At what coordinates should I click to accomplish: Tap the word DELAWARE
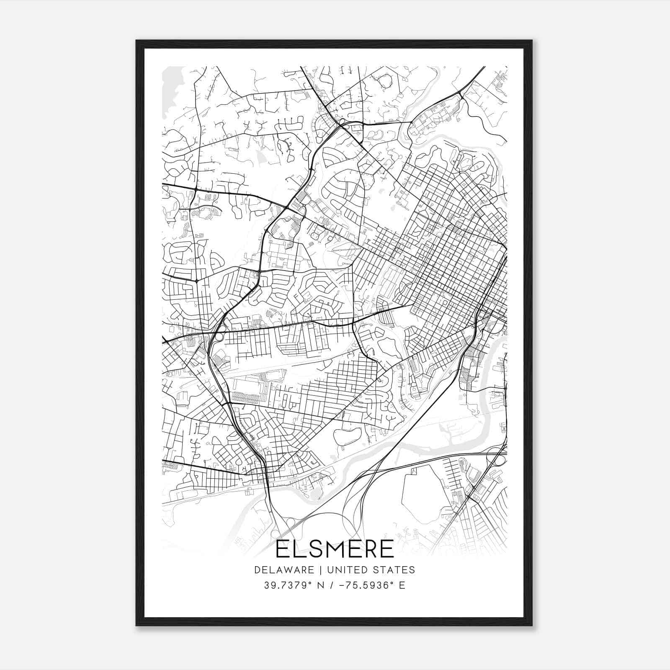[x=283, y=570]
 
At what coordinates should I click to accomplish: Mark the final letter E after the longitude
[x=402, y=585]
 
